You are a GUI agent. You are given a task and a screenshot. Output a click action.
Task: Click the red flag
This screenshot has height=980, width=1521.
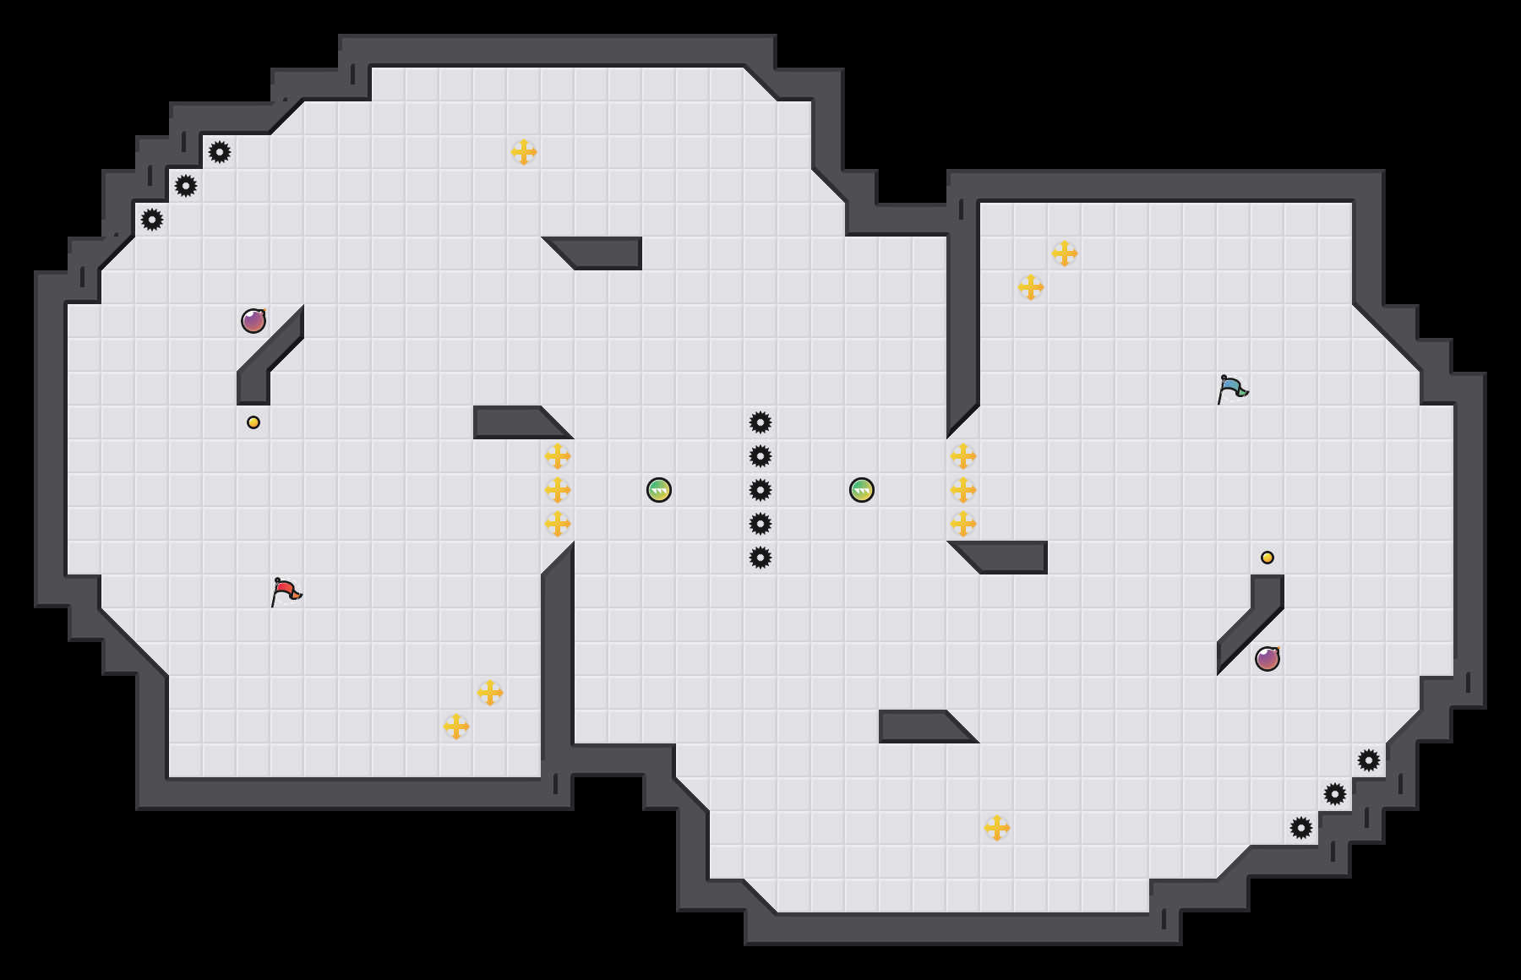286,591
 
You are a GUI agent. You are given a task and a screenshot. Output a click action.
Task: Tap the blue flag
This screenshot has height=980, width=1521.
1232,388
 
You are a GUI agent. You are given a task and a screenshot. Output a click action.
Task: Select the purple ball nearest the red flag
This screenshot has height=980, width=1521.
253,321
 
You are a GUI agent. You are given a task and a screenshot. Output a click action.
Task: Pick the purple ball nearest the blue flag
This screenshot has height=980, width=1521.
1267,659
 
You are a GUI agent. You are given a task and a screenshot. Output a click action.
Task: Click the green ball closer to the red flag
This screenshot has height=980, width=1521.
659,490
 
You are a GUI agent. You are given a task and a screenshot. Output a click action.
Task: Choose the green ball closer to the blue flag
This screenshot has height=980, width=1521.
862,490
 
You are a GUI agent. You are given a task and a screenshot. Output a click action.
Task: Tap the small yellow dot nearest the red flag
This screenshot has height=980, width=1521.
253,422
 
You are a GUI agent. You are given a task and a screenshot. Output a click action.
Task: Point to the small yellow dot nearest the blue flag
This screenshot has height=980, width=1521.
1267,558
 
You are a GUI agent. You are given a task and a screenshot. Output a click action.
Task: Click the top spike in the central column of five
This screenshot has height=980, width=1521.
760,422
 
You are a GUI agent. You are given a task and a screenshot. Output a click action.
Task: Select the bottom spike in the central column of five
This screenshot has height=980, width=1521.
760,558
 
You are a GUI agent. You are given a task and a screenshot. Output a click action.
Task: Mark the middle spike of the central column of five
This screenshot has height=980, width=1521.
760,490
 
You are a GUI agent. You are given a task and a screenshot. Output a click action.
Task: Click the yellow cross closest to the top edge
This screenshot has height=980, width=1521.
524,152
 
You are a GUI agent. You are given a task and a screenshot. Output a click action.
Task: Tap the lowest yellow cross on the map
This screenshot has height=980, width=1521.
997,828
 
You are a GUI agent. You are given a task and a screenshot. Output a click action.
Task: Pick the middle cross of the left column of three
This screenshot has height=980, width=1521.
558,490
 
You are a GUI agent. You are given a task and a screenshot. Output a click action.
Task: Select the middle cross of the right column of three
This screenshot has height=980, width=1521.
963,490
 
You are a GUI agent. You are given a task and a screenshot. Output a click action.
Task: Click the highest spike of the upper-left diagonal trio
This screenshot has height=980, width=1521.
220,152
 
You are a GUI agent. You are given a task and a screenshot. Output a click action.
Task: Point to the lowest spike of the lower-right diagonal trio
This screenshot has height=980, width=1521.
1301,828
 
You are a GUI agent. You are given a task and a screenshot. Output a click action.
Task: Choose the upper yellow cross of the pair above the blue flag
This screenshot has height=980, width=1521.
1065,253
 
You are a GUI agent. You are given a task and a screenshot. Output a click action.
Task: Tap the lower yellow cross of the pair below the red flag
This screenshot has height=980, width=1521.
456,727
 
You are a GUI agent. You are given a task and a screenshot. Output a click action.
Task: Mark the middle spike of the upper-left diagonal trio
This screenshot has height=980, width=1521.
186,186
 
